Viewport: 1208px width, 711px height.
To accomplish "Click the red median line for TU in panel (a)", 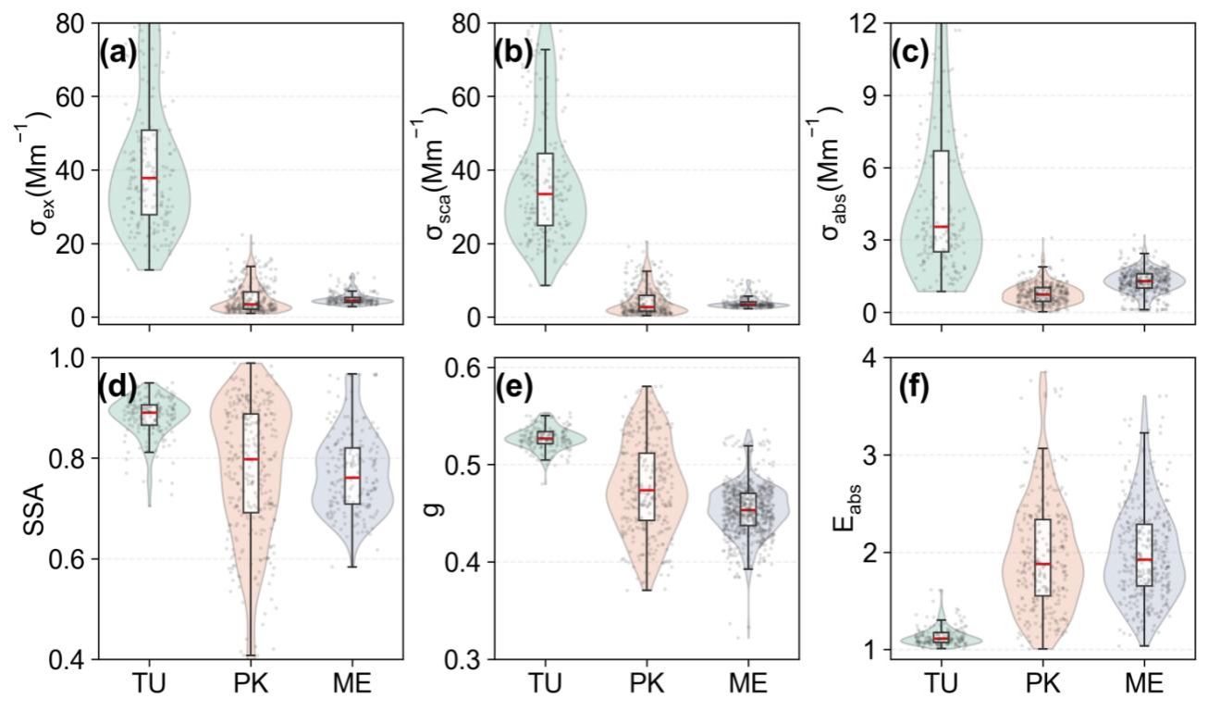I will click(148, 178).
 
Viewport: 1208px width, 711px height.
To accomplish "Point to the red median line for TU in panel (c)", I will click(942, 227).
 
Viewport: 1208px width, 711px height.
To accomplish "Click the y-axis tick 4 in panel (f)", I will click(872, 357).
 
